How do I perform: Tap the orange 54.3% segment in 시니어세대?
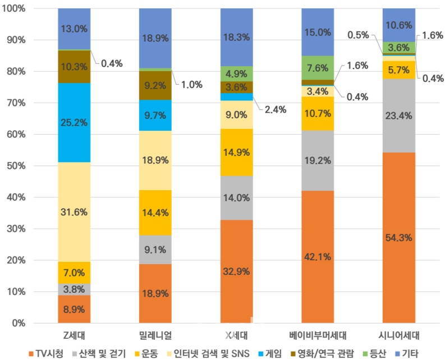point(399,238)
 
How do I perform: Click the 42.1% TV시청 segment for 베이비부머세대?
point(318,257)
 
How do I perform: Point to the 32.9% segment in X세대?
point(236,271)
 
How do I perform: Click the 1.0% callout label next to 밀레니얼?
point(192,85)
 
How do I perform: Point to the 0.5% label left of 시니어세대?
point(358,35)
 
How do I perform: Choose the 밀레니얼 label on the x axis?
point(155,336)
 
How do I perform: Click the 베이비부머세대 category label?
point(318,336)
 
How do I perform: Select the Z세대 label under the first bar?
point(74,336)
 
